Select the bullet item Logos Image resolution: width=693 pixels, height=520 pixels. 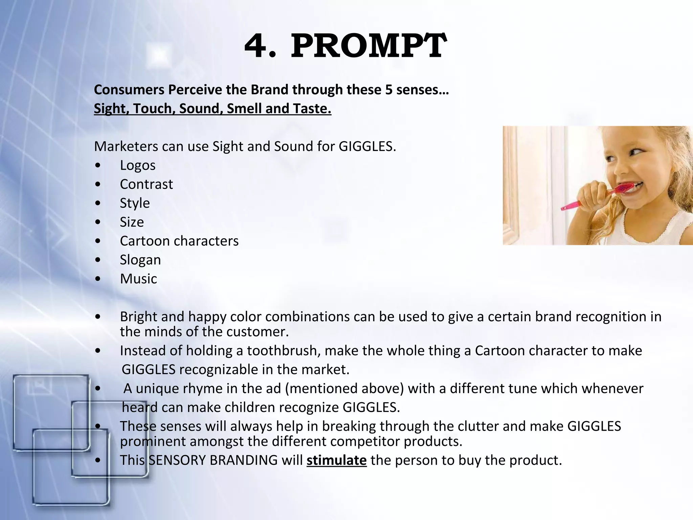pyautogui.click(x=138, y=165)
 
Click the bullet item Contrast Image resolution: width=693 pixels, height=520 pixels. pyautogui.click(x=146, y=184)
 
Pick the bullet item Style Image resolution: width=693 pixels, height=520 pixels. pyautogui.click(x=135, y=203)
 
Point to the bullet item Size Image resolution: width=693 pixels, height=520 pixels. pyautogui.click(x=132, y=222)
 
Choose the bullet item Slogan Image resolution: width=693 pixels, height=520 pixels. pyautogui.click(x=140, y=260)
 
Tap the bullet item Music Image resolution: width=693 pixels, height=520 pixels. pyautogui.click(x=138, y=279)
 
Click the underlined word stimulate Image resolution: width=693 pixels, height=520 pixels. pyautogui.click(x=336, y=460)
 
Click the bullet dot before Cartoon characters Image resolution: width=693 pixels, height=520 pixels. pyautogui.click(x=98, y=241)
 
